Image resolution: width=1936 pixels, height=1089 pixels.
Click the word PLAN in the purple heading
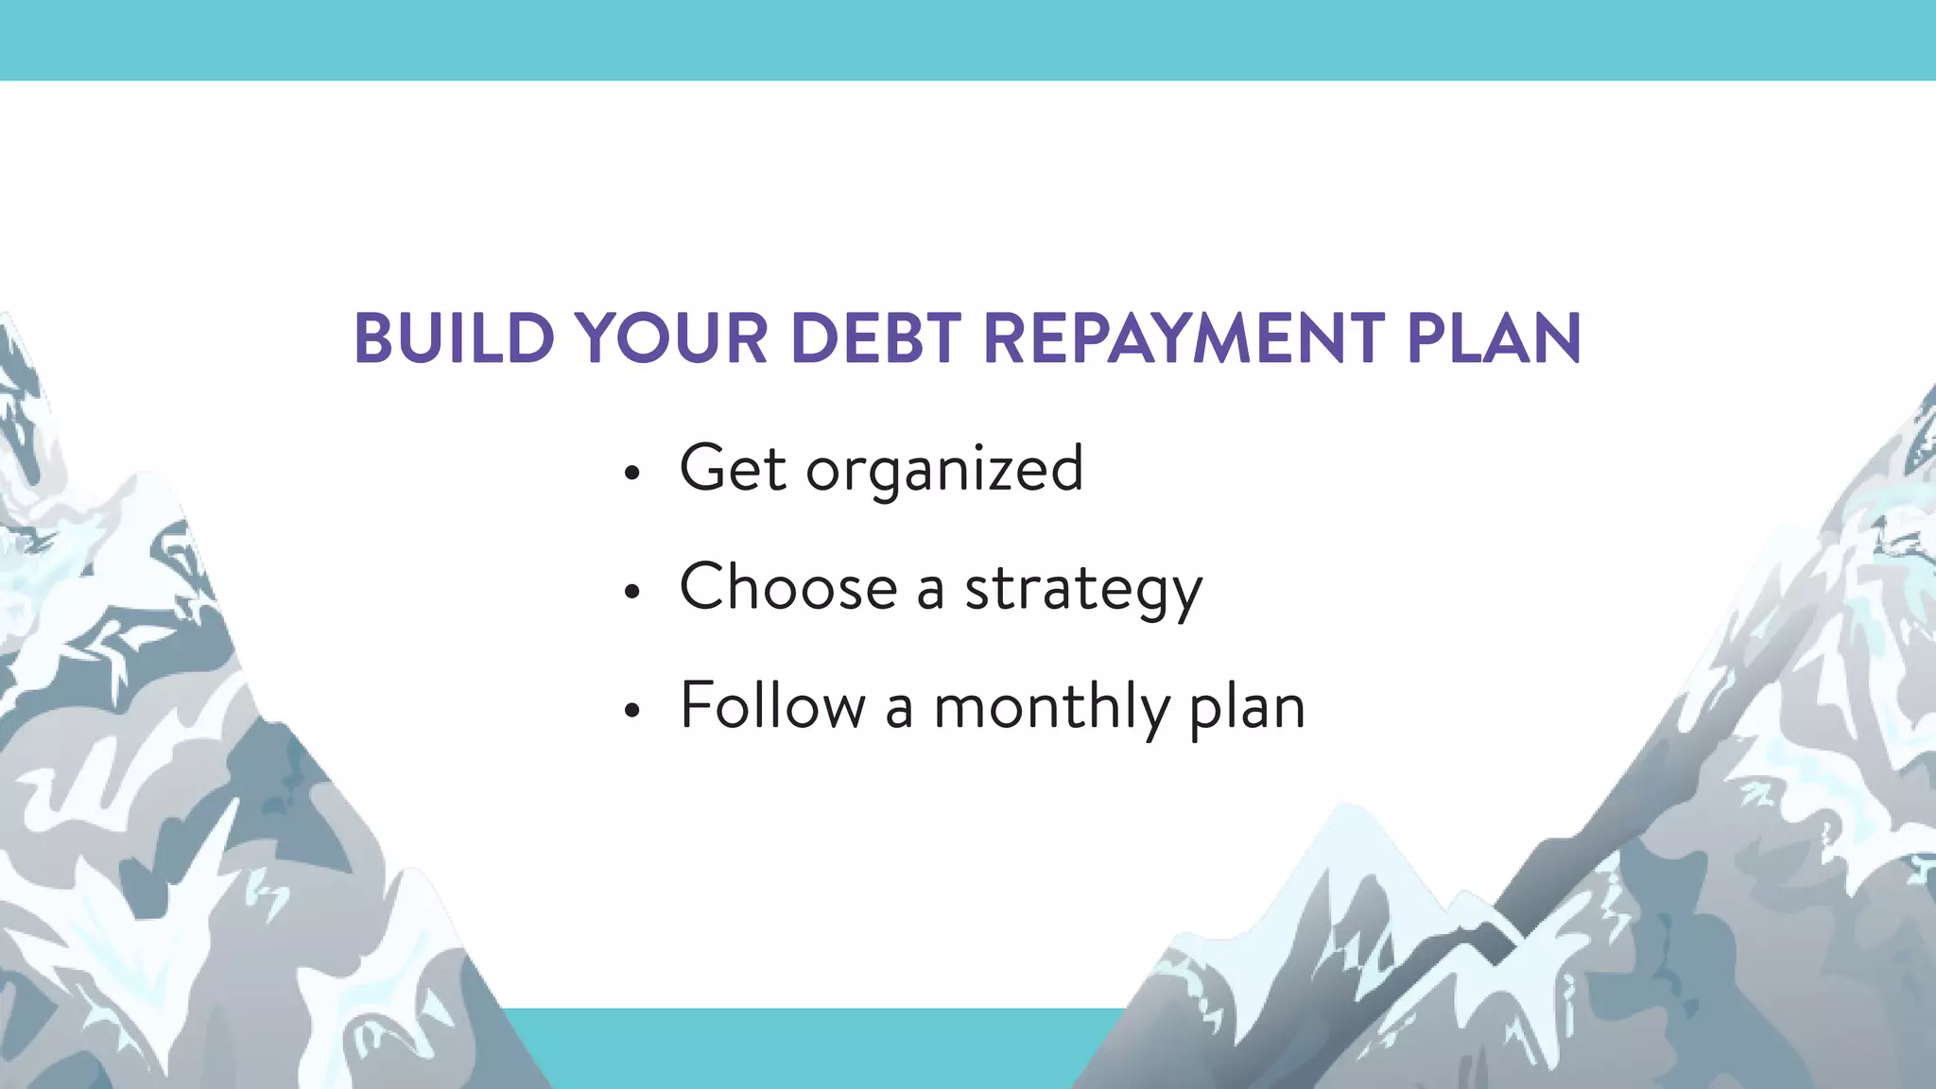tap(1494, 338)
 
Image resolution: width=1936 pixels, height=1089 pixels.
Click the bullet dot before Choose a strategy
tap(632, 592)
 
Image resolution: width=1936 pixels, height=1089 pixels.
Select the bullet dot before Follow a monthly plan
tap(632, 711)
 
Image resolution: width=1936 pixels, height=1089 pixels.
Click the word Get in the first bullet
tap(733, 469)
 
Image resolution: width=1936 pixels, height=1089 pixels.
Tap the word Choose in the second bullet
tap(788, 587)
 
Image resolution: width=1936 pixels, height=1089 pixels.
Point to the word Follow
tap(772, 705)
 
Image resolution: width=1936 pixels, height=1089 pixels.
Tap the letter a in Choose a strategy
tap(930, 592)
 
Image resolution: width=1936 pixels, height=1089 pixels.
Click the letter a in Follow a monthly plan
tap(898, 711)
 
